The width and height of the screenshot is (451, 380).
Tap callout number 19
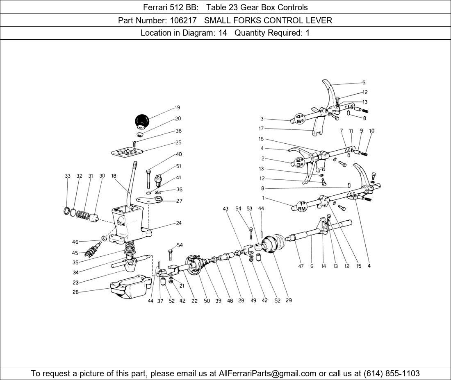click(x=177, y=108)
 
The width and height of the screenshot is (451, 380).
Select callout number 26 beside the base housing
click(x=76, y=292)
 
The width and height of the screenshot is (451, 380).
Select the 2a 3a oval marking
click(x=299, y=162)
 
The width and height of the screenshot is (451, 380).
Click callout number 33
click(x=68, y=176)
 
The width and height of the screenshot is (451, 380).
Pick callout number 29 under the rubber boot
click(x=289, y=301)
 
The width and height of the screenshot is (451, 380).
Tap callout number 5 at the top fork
click(x=364, y=82)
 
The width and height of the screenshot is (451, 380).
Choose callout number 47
click(x=301, y=266)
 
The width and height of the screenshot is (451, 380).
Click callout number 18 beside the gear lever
click(x=114, y=176)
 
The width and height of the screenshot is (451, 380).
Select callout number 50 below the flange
click(x=207, y=301)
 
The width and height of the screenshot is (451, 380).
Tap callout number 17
click(x=261, y=128)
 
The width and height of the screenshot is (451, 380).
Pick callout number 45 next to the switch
click(x=75, y=253)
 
